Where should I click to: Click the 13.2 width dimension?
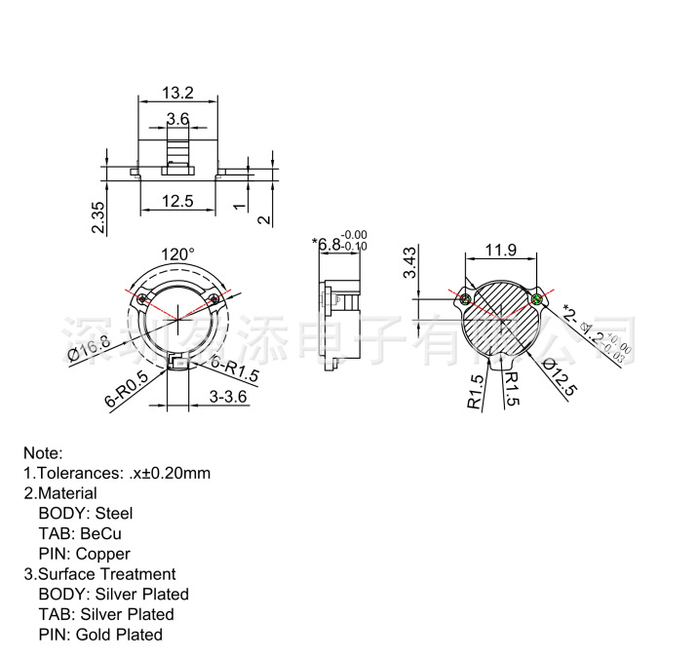click(177, 94)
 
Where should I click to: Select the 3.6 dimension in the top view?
click(177, 119)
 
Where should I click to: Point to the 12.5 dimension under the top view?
click(177, 202)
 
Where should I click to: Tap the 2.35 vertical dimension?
click(97, 216)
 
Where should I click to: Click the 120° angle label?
click(177, 253)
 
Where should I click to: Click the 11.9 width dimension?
click(500, 251)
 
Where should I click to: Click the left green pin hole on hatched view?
click(467, 298)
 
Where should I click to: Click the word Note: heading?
click(43, 453)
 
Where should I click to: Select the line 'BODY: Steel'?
click(86, 513)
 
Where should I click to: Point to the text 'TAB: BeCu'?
click(80, 533)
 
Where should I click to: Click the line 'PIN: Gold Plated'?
click(100, 635)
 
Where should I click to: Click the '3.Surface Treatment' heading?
click(99, 574)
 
